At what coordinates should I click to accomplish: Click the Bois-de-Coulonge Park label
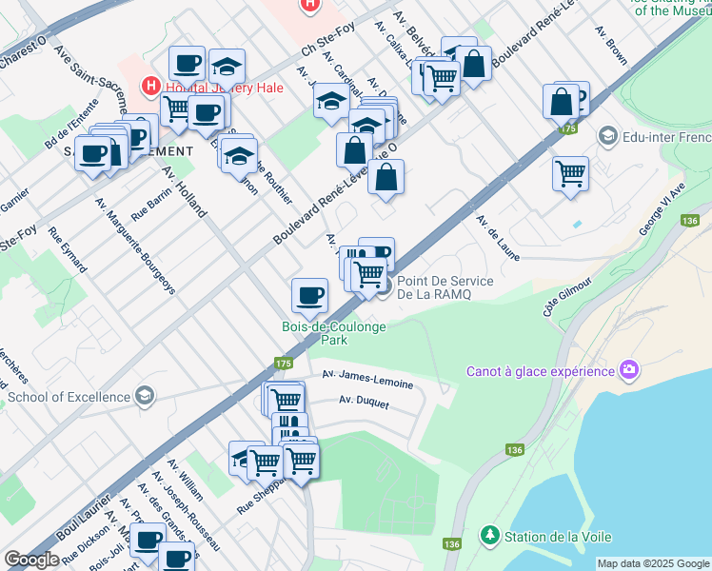(334, 333)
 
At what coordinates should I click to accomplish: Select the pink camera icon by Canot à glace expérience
(628, 369)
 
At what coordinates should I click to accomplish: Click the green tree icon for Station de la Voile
(489, 536)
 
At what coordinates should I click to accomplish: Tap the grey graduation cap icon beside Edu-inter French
(606, 137)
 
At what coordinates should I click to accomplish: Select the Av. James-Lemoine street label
(367, 380)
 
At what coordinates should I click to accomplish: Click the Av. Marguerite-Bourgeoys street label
(135, 246)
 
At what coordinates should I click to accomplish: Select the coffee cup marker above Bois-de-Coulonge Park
(308, 296)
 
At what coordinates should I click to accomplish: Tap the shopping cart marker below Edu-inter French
(570, 173)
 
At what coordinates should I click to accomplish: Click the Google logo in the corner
(31, 560)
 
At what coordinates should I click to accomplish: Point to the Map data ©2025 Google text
(653, 563)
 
